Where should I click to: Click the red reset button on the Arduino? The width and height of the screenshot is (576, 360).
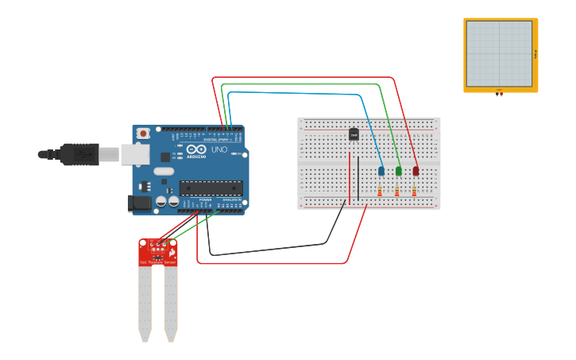tap(143, 134)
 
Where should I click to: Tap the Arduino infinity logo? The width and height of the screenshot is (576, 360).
tap(196, 149)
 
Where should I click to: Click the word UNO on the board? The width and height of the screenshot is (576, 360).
tap(218, 149)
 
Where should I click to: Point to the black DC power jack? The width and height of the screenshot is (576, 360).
tap(139, 203)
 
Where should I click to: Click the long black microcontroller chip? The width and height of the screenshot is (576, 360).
tap(211, 188)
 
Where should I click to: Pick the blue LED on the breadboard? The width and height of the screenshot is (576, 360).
tap(381, 171)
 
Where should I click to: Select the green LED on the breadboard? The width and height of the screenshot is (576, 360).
tap(399, 171)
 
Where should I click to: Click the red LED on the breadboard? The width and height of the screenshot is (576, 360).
tap(416, 171)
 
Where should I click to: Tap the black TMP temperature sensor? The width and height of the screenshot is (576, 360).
tap(354, 134)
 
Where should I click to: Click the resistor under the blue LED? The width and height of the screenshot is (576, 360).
tap(380, 191)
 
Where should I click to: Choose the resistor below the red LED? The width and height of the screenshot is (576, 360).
tap(414, 191)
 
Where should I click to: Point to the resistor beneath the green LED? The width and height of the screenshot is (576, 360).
tap(397, 191)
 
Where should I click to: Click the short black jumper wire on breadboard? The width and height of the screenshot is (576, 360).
tap(358, 178)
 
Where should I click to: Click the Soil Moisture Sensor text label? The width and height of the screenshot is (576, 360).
tap(158, 261)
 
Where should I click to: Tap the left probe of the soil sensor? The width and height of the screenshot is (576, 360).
tap(145, 302)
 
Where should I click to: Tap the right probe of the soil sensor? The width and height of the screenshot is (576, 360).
tap(171, 302)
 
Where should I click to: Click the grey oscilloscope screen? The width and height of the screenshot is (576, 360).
tap(499, 53)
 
